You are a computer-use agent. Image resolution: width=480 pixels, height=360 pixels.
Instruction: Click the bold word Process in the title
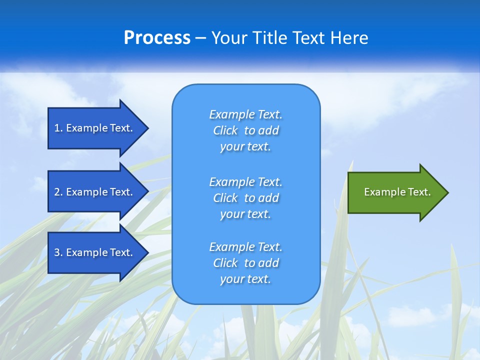pyautogui.click(x=157, y=37)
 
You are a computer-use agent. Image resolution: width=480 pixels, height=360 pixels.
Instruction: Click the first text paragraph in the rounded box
pyautogui.click(x=245, y=130)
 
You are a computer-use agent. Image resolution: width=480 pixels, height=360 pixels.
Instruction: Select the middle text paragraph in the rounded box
pyautogui.click(x=245, y=198)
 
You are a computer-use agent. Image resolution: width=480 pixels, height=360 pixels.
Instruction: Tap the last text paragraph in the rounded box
pyautogui.click(x=245, y=263)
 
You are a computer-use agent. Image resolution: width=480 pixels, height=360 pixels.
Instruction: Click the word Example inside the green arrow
pyautogui.click(x=381, y=192)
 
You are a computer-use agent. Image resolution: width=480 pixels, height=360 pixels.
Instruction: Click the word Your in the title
pyautogui.click(x=229, y=37)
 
